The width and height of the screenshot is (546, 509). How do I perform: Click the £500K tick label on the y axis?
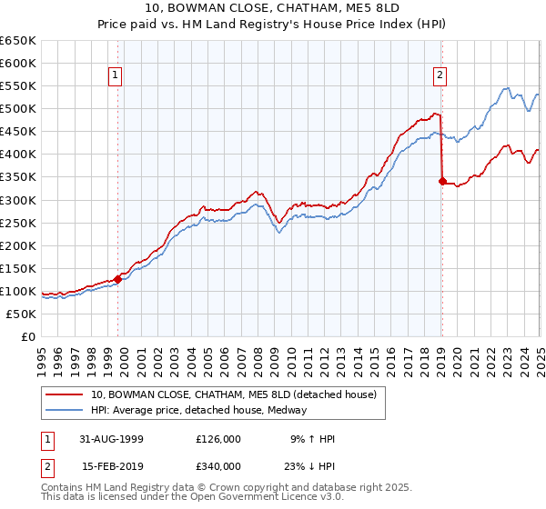18,109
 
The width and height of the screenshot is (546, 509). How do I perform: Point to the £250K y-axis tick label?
18,223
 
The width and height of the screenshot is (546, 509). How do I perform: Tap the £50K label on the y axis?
22,314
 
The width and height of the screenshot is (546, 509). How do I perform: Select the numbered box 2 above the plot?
440,76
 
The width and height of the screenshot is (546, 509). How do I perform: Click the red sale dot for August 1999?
118,279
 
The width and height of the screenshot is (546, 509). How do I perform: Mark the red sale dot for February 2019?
442,181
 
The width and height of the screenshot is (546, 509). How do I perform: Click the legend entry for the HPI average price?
198,410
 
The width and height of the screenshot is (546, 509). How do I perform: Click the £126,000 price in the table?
217,439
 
